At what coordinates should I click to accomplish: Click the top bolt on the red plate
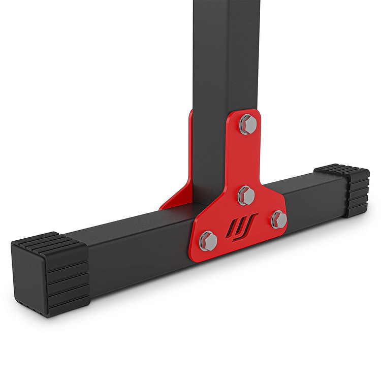247,123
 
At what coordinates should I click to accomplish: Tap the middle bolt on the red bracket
246,194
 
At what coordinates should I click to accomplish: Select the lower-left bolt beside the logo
208,240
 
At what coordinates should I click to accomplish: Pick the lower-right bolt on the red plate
278,219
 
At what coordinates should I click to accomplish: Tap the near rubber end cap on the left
51,274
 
